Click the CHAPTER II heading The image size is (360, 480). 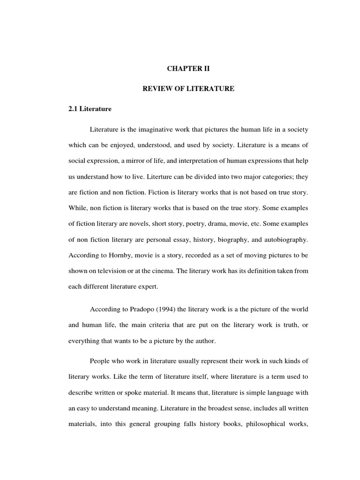[189, 68]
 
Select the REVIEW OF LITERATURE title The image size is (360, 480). [188, 89]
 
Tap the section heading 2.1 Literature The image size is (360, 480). [90, 109]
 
